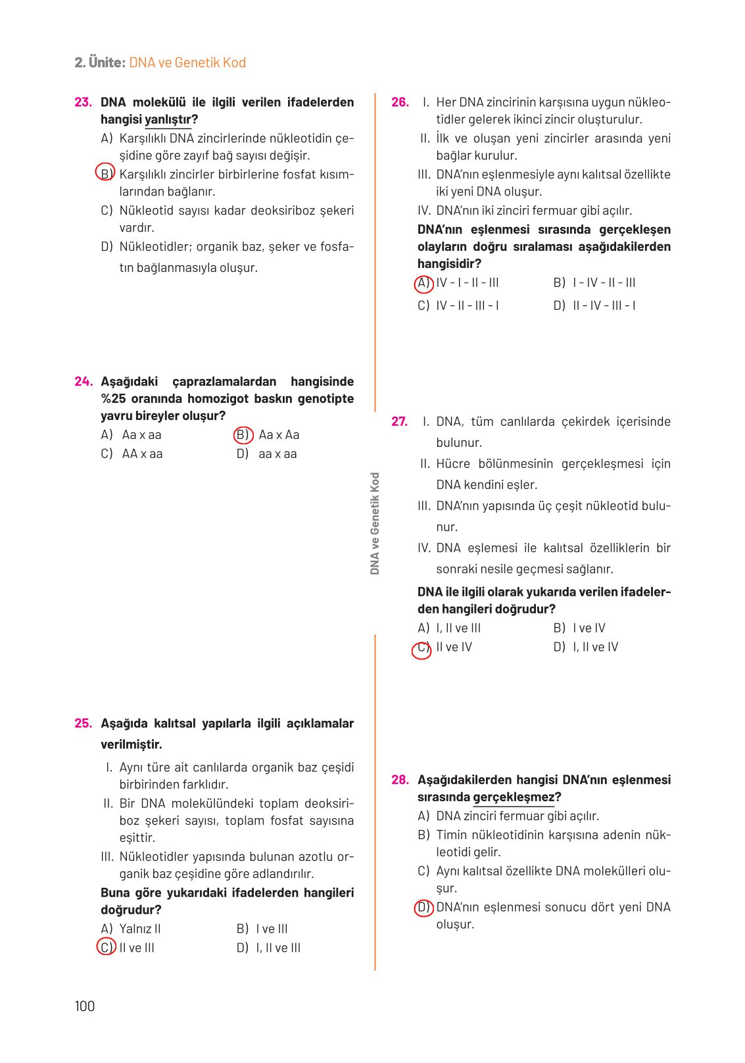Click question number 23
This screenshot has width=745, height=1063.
(x=83, y=102)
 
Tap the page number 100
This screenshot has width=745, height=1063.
(x=85, y=1006)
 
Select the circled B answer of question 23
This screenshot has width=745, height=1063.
(x=105, y=173)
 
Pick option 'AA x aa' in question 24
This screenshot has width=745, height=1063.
(x=142, y=454)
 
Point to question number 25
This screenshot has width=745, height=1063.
(x=83, y=723)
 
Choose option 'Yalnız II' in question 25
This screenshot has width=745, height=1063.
(x=139, y=929)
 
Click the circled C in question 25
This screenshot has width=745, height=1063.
(x=106, y=947)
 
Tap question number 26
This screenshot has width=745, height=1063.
(x=400, y=102)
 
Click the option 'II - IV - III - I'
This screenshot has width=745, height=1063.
(x=604, y=305)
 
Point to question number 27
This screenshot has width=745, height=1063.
(x=399, y=421)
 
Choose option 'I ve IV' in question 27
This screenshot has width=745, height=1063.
(x=589, y=629)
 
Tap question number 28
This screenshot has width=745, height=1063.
(x=400, y=780)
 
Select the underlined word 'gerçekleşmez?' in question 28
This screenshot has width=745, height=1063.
(x=517, y=797)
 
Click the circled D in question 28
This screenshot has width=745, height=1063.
(x=423, y=908)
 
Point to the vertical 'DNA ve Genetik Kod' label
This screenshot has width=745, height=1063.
(x=375, y=523)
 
